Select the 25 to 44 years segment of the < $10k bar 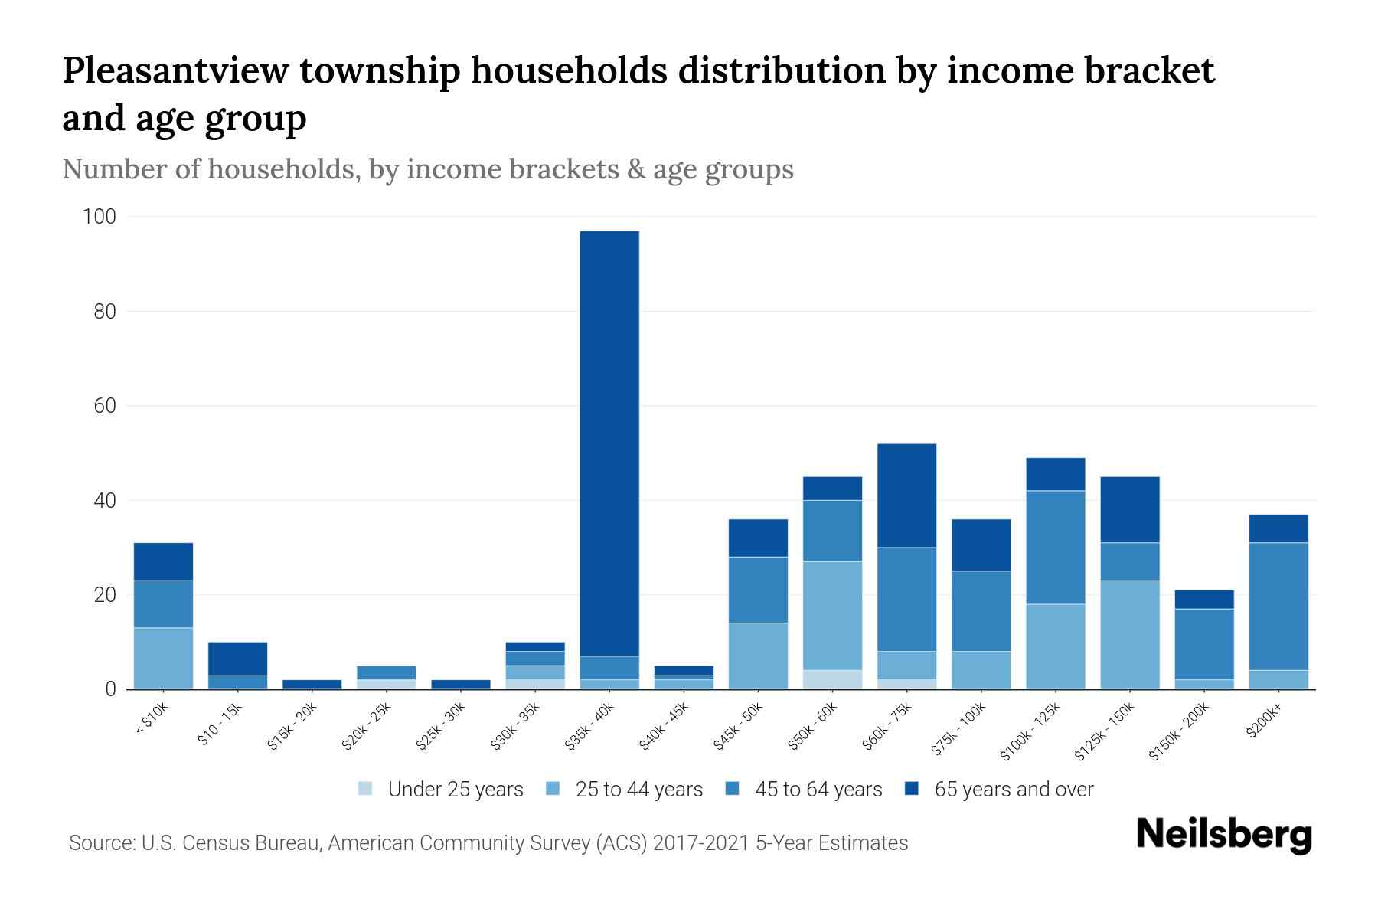[x=163, y=658]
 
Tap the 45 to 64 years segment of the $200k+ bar [x=1278, y=606]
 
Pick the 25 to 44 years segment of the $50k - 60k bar [x=832, y=615]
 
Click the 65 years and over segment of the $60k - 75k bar [x=906, y=495]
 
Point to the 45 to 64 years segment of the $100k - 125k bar [x=1056, y=547]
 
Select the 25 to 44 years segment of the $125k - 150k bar [x=1130, y=634]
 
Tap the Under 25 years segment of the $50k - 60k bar [x=832, y=679]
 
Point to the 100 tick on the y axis [x=99, y=217]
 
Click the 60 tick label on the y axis [x=104, y=406]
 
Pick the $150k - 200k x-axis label [x=1179, y=734]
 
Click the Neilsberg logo [x=1223, y=836]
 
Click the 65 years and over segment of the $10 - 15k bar [x=237, y=658]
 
